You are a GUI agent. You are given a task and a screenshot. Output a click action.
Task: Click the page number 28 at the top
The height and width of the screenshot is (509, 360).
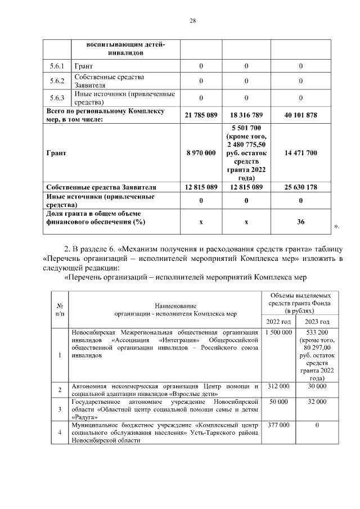(x=192, y=21)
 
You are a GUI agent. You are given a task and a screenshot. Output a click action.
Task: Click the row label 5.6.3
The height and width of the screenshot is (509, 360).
(x=57, y=98)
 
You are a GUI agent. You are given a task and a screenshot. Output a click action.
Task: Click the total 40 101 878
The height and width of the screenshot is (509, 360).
(x=301, y=115)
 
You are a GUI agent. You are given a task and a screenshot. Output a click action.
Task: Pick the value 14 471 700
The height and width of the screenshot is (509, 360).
(x=301, y=153)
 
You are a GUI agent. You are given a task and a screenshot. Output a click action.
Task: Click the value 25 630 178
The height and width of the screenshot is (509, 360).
(x=301, y=187)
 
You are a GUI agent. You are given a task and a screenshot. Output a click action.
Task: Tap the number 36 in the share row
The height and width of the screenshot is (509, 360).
(x=301, y=222)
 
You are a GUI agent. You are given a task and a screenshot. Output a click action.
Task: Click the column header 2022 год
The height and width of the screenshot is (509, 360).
(x=277, y=321)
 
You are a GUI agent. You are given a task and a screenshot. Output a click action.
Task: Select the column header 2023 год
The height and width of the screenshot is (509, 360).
(x=317, y=321)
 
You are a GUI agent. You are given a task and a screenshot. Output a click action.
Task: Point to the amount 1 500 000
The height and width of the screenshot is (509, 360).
(x=277, y=333)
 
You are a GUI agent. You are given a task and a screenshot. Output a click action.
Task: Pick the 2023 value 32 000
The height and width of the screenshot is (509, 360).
(x=317, y=402)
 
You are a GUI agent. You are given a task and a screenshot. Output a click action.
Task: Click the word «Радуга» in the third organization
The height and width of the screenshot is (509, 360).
(x=83, y=418)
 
